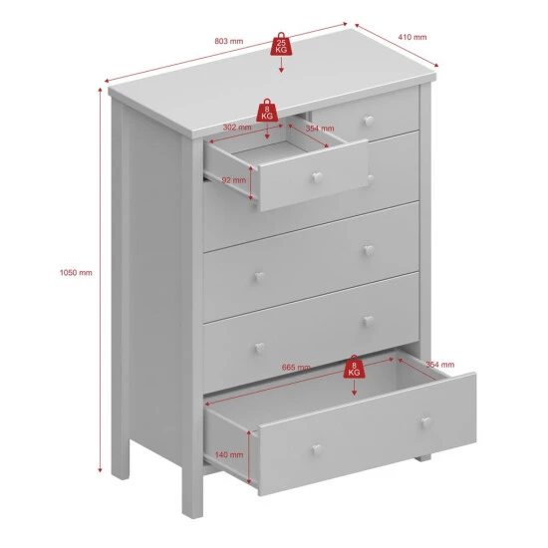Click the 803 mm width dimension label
pyautogui.click(x=228, y=41)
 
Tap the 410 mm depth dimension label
pyautogui.click(x=412, y=37)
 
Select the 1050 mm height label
pyautogui.click(x=76, y=273)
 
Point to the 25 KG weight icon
pyautogui.click(x=281, y=45)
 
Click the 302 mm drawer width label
pyautogui.click(x=237, y=128)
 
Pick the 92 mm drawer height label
pyautogui.click(x=234, y=180)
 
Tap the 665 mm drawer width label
pyautogui.click(x=296, y=368)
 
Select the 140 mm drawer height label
pyautogui.click(x=229, y=454)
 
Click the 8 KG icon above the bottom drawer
pyautogui.click(x=354, y=367)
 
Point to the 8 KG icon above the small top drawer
pyautogui.click(x=267, y=111)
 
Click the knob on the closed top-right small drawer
pyautogui.click(x=369, y=121)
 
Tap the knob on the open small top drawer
pyautogui.click(x=317, y=177)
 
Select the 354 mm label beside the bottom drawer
pyautogui.click(x=440, y=365)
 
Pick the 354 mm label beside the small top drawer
pyautogui.click(x=320, y=129)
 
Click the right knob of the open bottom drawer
pyautogui.click(x=425, y=421)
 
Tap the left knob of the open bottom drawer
pyautogui.click(x=317, y=449)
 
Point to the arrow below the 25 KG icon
pyautogui.click(x=281, y=65)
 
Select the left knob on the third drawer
pyautogui.click(x=259, y=277)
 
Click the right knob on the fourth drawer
pyautogui.click(x=369, y=321)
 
